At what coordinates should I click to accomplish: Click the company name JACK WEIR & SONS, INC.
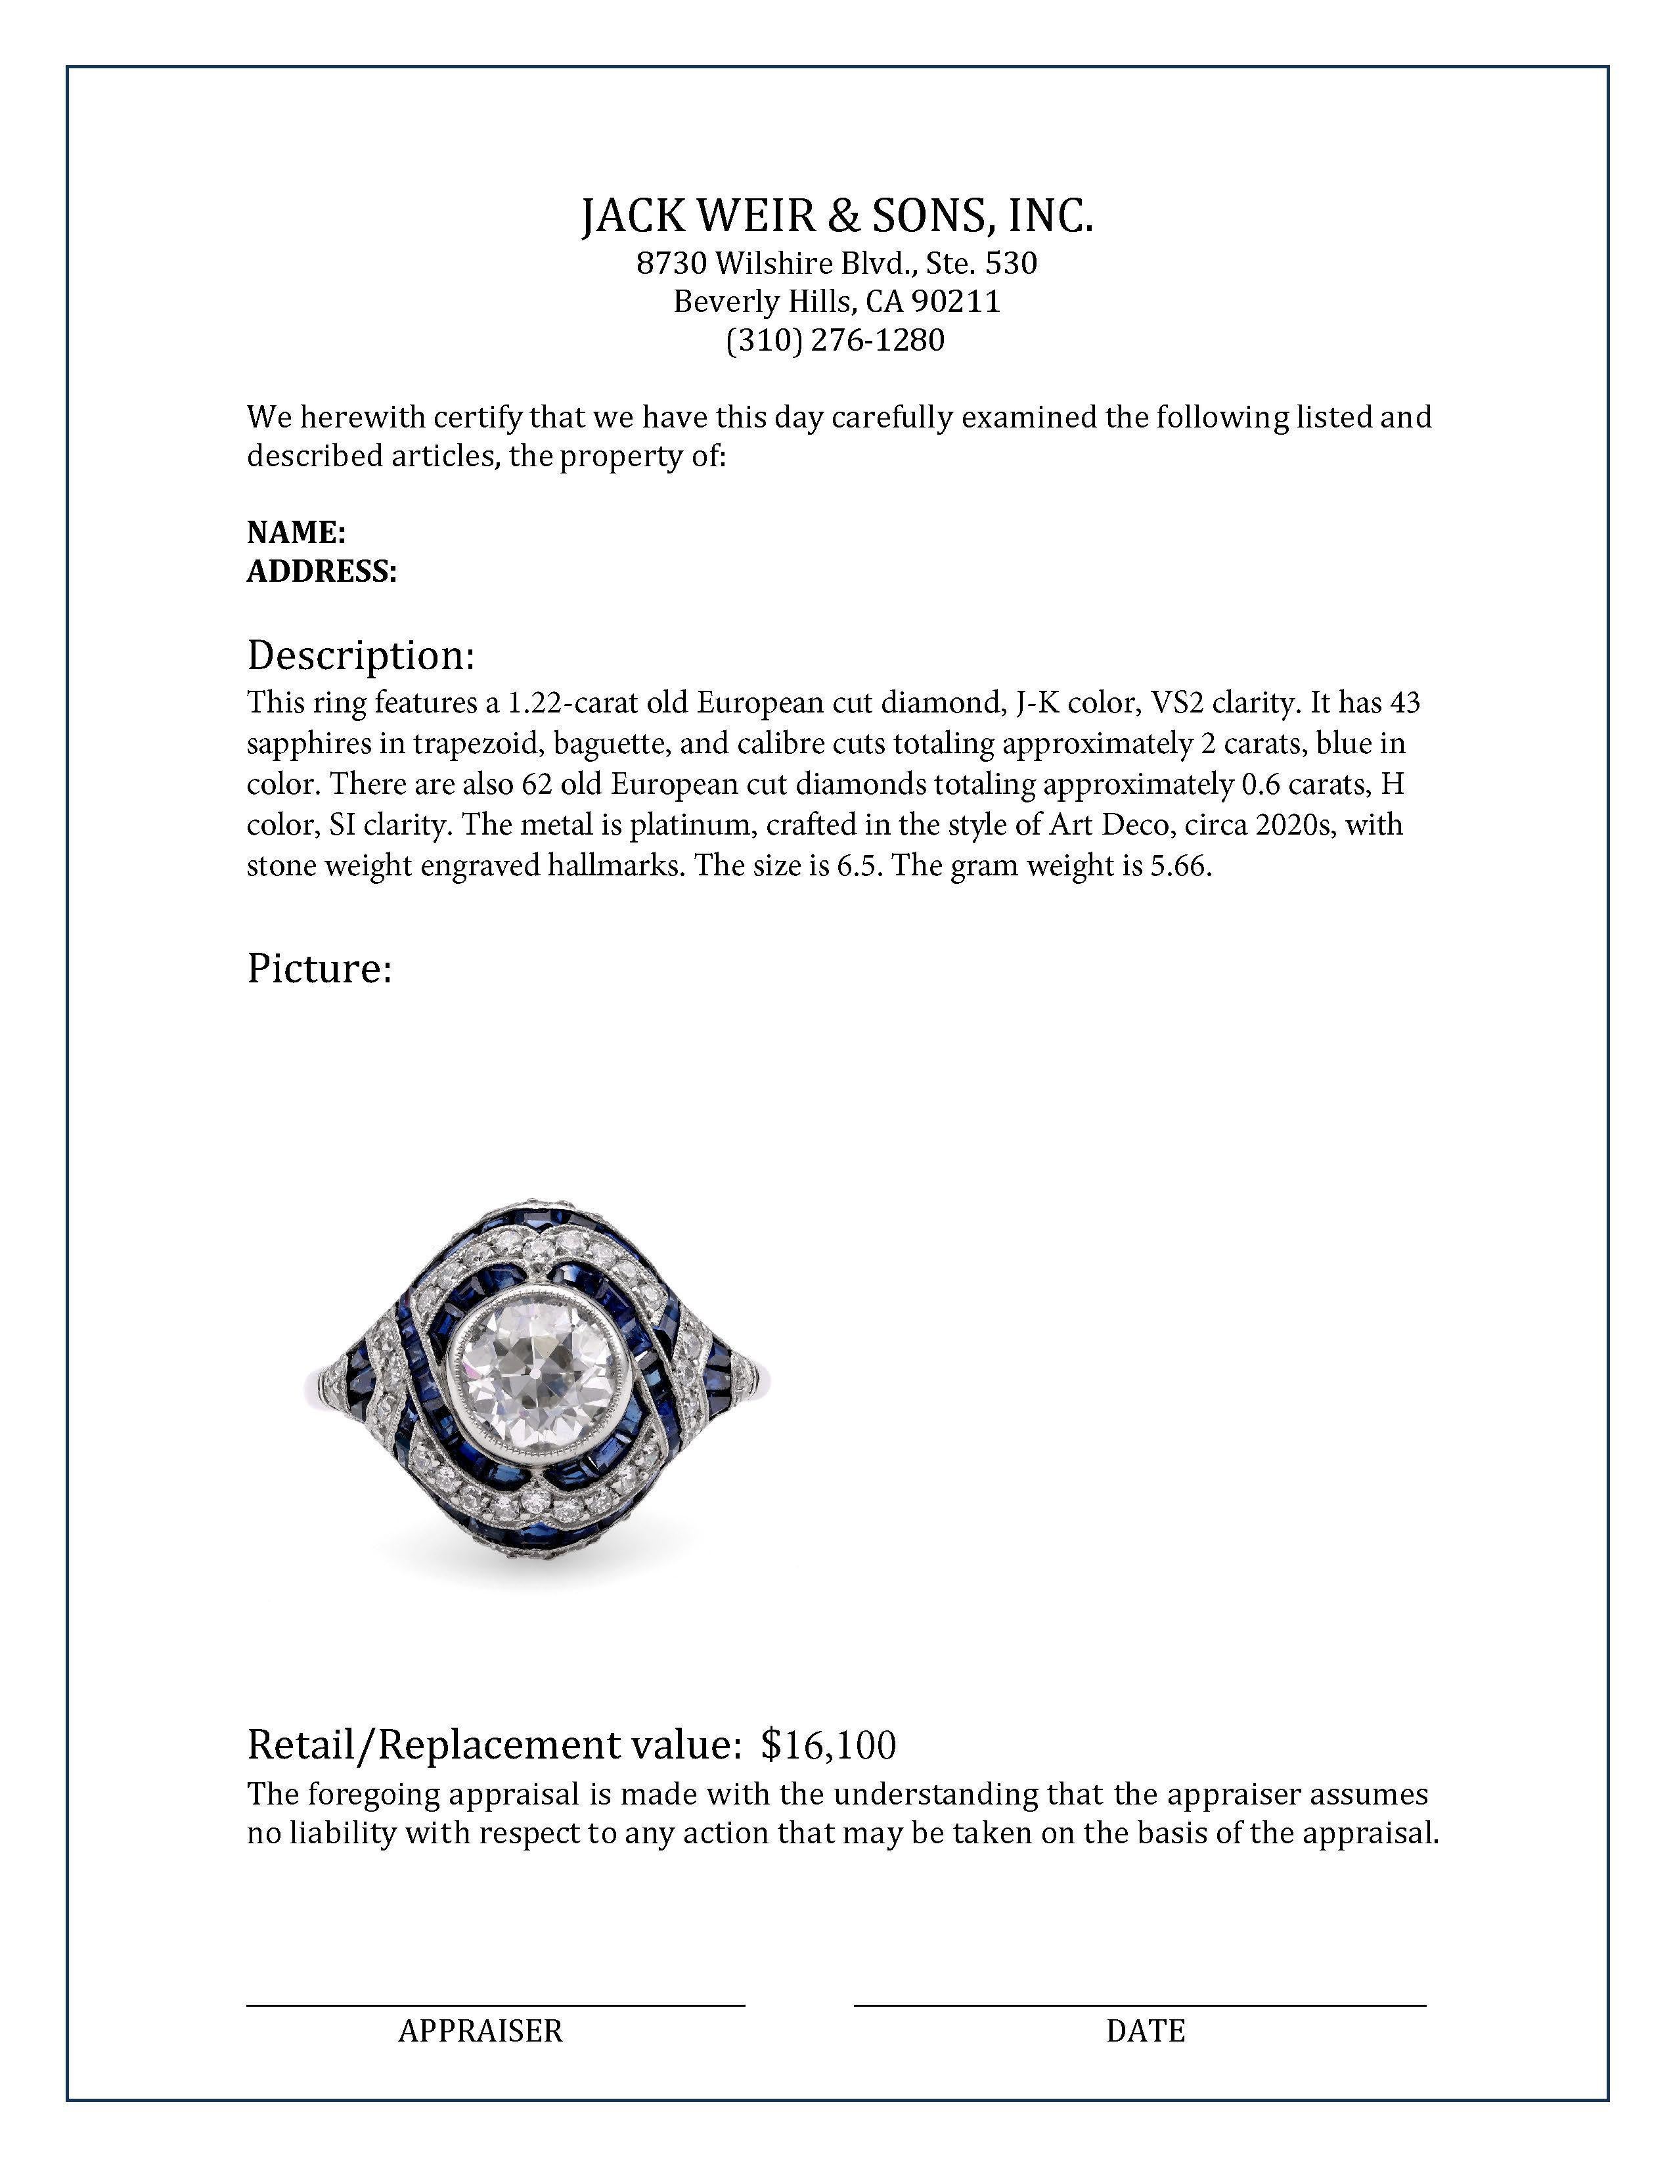(x=836, y=216)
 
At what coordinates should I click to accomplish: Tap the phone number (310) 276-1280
(x=836, y=340)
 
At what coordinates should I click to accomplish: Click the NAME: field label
(x=296, y=533)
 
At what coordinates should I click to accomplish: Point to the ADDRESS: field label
(x=321, y=571)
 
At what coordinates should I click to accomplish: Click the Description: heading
(x=360, y=656)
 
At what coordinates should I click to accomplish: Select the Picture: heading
(x=319, y=969)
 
